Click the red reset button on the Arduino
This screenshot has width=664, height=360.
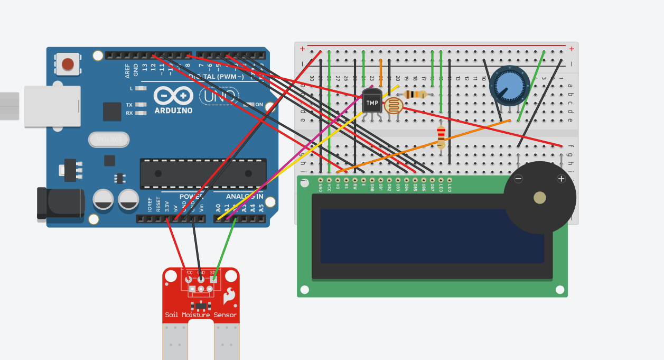pyautogui.click(x=68, y=64)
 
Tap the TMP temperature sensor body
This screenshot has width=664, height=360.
pyautogui.click(x=372, y=101)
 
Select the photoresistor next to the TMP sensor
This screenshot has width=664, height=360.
pyautogui.click(x=392, y=106)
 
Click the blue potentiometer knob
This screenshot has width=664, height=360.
pyautogui.click(x=509, y=85)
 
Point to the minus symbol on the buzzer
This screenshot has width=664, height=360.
pyautogui.click(x=519, y=179)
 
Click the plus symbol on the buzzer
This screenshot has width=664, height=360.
pyautogui.click(x=561, y=179)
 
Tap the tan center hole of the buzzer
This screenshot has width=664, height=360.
pyautogui.click(x=539, y=198)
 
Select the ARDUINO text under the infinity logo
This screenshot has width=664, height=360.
pyautogui.click(x=173, y=110)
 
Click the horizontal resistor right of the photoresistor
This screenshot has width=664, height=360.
pyautogui.click(x=415, y=95)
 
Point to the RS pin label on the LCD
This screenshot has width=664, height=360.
pyautogui.click(x=347, y=186)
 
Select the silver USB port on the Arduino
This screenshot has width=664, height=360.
pyautogui.click(x=52, y=106)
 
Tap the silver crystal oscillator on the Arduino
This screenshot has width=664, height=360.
pyautogui.click(x=109, y=140)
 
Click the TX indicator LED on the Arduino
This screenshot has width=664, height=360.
pyautogui.click(x=141, y=105)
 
